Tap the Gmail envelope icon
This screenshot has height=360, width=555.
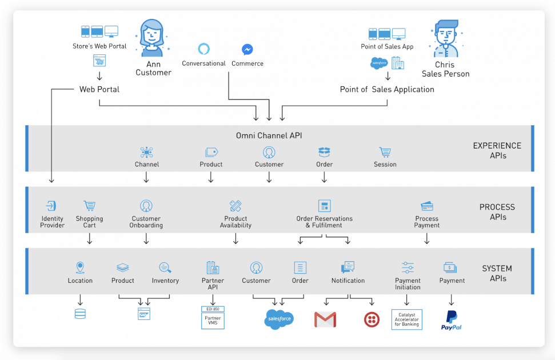pyautogui.click(x=325, y=319)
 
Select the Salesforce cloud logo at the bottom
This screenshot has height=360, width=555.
pyautogui.click(x=280, y=319)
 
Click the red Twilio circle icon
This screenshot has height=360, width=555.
pyautogui.click(x=372, y=319)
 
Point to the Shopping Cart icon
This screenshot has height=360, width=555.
pyautogui.click(x=89, y=206)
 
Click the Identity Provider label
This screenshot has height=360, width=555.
pyautogui.click(x=53, y=222)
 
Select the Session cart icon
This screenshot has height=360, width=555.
pyautogui.click(x=385, y=153)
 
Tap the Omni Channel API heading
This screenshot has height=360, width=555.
pyautogui.click(x=269, y=135)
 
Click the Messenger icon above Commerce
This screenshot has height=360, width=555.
pyautogui.click(x=247, y=50)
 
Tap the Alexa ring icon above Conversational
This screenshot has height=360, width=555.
pyautogui.click(x=204, y=49)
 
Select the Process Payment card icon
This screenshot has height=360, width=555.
pyautogui.click(x=426, y=206)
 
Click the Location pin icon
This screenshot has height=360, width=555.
pyautogui.click(x=80, y=267)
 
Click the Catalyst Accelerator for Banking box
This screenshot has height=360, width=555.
pyautogui.click(x=406, y=319)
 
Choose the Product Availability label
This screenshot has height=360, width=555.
pyautogui.click(x=235, y=222)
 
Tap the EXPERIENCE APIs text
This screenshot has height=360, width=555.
pyautogui.click(x=497, y=150)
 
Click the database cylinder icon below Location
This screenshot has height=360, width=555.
pyautogui.click(x=80, y=313)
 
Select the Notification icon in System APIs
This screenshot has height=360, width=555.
pyautogui.click(x=348, y=267)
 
